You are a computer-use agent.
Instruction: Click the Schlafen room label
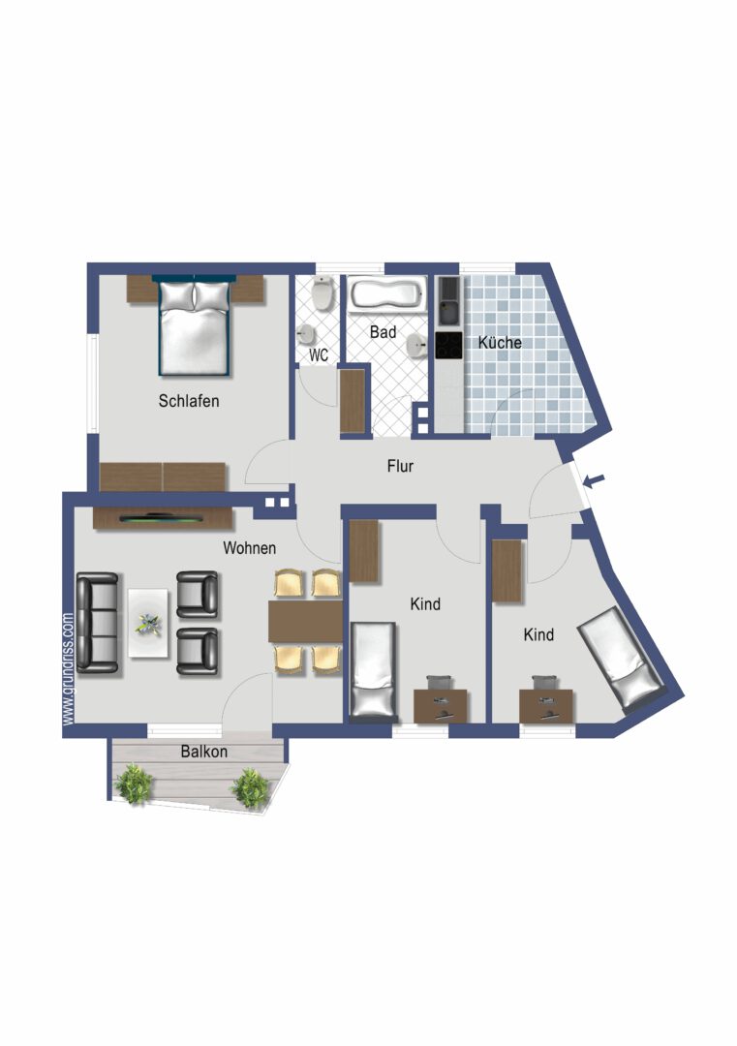point(189,400)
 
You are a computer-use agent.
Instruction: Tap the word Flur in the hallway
point(400,466)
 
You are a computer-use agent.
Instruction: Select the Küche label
point(500,343)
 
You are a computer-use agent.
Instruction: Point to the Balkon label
point(203,751)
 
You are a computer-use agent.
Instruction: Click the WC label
point(319,355)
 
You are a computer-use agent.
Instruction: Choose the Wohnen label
point(249,547)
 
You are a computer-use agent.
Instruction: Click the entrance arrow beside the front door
point(597,478)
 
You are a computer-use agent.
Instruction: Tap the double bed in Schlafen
point(195,327)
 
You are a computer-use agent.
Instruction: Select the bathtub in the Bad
point(386,294)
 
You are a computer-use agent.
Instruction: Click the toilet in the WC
point(323,291)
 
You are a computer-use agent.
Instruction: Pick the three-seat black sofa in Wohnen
point(97,622)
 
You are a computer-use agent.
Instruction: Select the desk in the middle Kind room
point(441,705)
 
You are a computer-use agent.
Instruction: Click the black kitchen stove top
point(448,346)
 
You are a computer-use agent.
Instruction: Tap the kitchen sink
point(448,302)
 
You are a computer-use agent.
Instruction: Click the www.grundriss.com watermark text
point(68,668)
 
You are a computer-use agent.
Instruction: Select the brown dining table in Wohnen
point(305,622)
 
